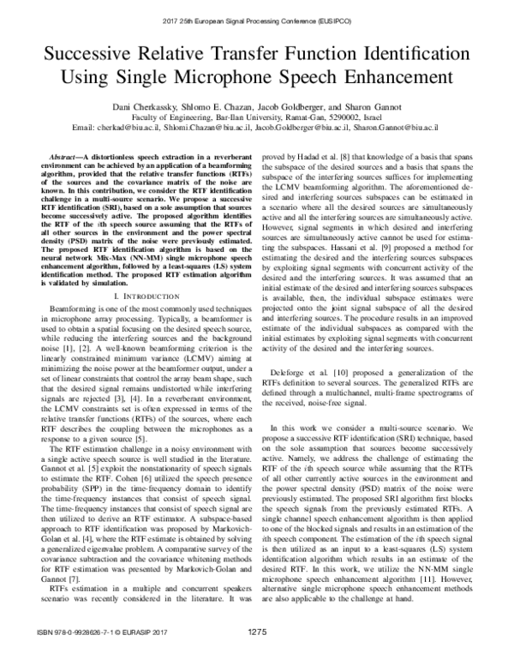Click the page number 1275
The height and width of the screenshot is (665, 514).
(257, 655)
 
